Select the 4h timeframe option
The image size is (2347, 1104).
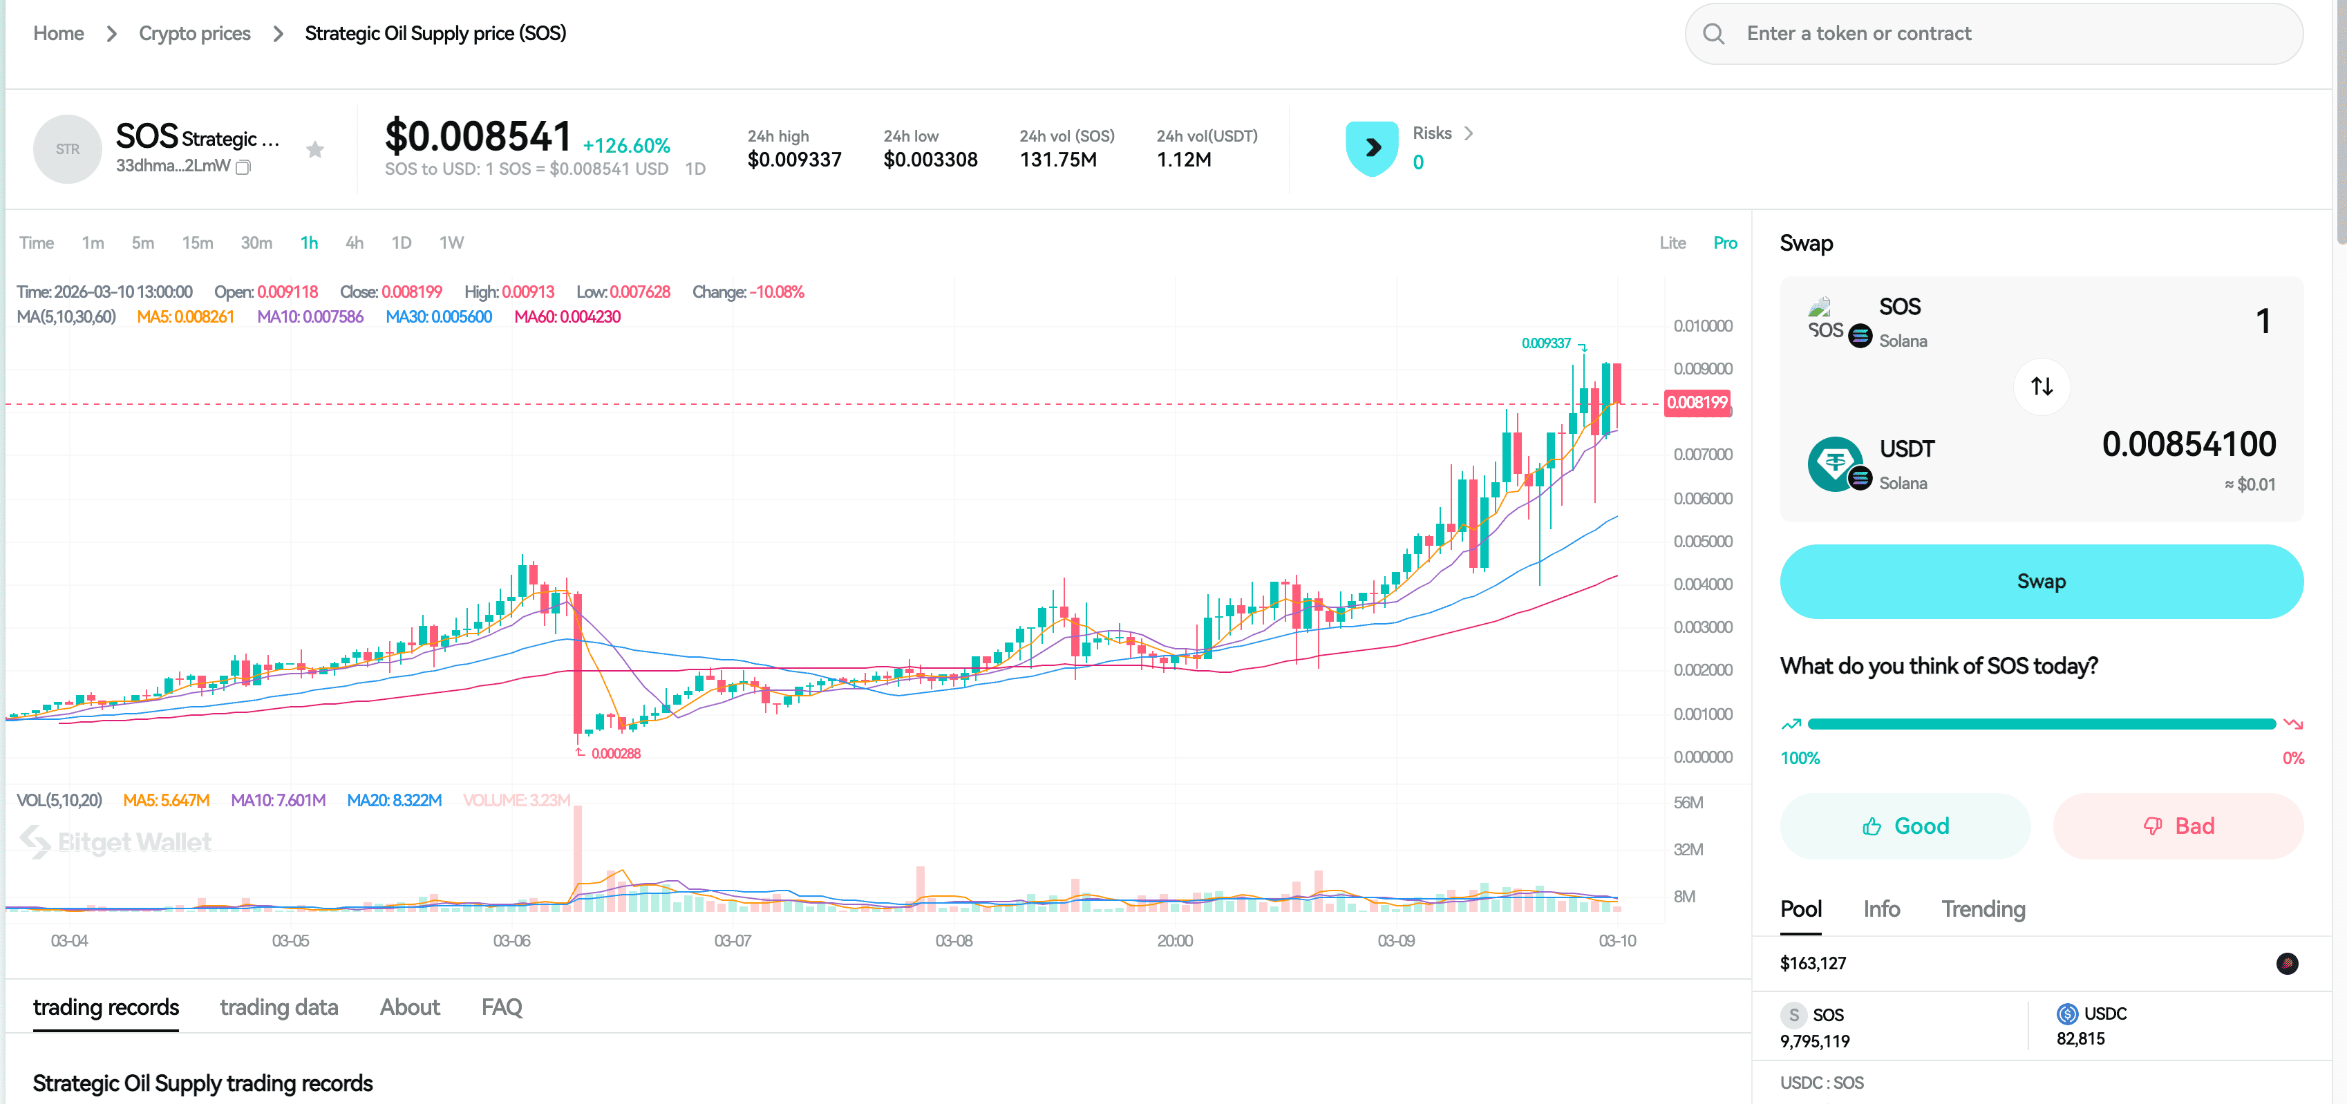pyautogui.click(x=355, y=242)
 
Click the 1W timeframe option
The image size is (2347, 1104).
pyautogui.click(x=451, y=242)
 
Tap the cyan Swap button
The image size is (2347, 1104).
pyautogui.click(x=2041, y=581)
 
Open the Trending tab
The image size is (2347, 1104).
pyautogui.click(x=1983, y=908)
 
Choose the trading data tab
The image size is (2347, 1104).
pyautogui.click(x=279, y=1007)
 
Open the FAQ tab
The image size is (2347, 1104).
pyautogui.click(x=501, y=1007)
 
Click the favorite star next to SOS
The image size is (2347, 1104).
pyautogui.click(x=315, y=149)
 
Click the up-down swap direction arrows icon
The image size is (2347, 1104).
pyautogui.click(x=2041, y=386)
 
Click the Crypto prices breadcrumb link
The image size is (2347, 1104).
pyautogui.click(x=194, y=34)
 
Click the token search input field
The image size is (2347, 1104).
pyautogui.click(x=2004, y=34)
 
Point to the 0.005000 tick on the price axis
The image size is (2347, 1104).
pyautogui.click(x=1702, y=541)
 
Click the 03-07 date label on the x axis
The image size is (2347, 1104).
pyautogui.click(x=733, y=940)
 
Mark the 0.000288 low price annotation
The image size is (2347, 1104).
pyautogui.click(x=616, y=753)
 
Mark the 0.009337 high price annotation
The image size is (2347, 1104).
pyautogui.click(x=1546, y=343)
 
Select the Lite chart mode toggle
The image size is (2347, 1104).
pyautogui.click(x=1672, y=242)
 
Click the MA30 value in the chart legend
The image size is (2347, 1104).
pyautogui.click(x=439, y=317)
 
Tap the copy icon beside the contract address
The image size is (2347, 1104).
pyautogui.click(x=243, y=166)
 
